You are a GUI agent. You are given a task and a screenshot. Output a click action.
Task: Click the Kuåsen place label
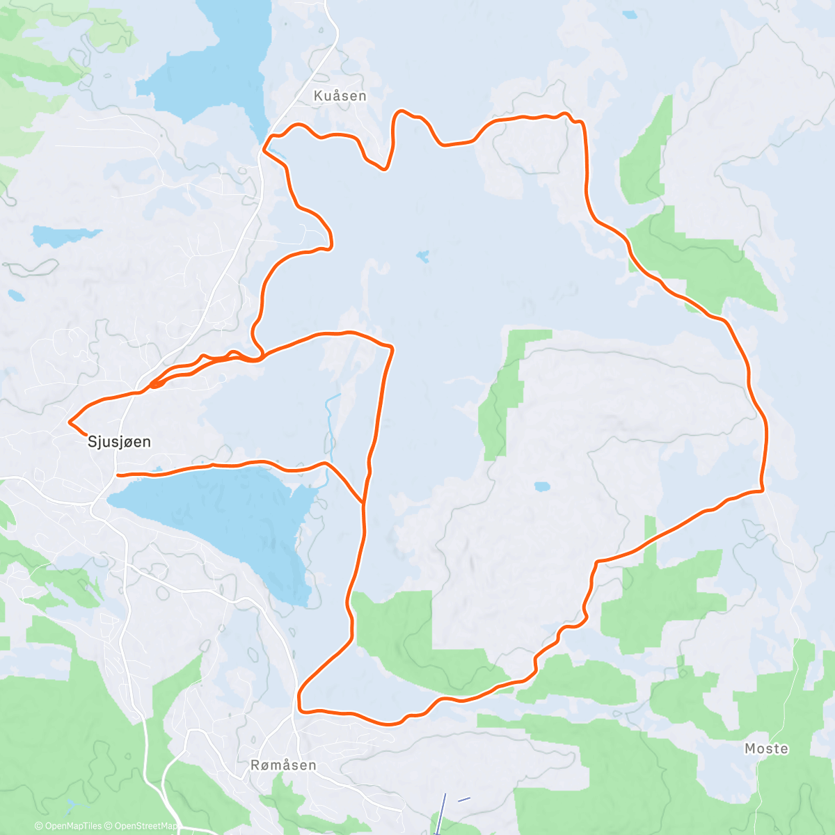pyautogui.click(x=340, y=96)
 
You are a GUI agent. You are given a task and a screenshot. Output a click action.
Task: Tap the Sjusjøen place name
pyautogui.click(x=119, y=442)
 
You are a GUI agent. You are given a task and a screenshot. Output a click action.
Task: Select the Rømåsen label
pyautogui.click(x=283, y=765)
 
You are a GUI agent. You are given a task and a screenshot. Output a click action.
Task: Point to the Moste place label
pyautogui.click(x=766, y=749)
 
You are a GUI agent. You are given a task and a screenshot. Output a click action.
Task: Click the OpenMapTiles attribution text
pyautogui.click(x=68, y=826)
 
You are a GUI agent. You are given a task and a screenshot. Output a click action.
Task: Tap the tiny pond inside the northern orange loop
pyautogui.click(x=422, y=256)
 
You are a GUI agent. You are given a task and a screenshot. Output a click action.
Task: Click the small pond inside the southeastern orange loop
pyautogui.click(x=541, y=487)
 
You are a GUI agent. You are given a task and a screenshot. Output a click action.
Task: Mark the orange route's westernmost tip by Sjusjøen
pyautogui.click(x=69, y=422)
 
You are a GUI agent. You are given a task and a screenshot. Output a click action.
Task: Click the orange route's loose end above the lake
pyautogui.click(x=118, y=475)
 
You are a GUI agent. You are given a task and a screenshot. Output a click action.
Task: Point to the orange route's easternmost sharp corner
pyautogui.click(x=763, y=491)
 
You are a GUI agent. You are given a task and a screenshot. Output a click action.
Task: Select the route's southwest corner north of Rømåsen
pyautogui.click(x=301, y=708)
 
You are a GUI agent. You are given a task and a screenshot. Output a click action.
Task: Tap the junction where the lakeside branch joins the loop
pyautogui.click(x=363, y=502)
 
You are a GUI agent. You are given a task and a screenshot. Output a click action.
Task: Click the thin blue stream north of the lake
pyautogui.click(x=328, y=431)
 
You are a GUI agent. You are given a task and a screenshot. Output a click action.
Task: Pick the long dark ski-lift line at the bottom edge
pyautogui.click(x=440, y=814)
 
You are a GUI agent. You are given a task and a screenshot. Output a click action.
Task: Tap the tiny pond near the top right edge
pyautogui.click(x=629, y=15)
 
